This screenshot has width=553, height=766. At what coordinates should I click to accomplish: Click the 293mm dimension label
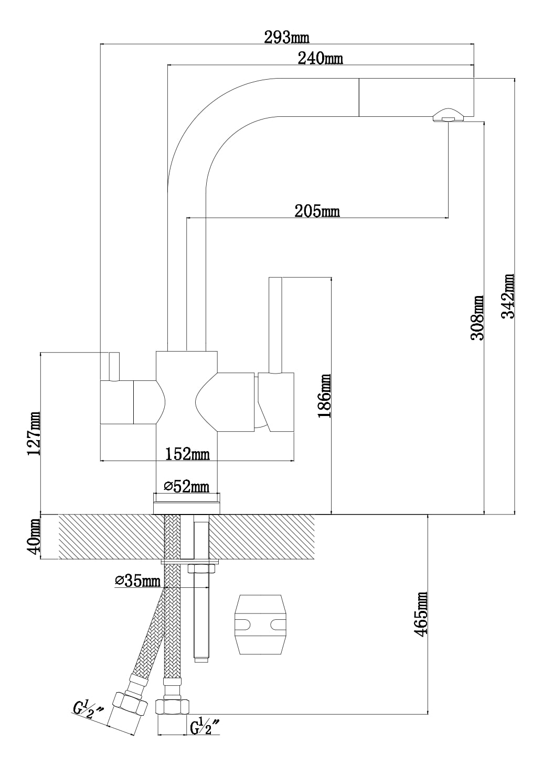click(286, 37)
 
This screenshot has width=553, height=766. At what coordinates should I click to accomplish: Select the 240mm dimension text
click(320, 58)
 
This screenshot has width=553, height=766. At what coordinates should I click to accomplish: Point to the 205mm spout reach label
click(317, 211)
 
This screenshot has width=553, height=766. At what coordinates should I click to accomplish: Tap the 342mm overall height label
click(508, 296)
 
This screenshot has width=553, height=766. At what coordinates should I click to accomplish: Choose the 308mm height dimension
click(477, 318)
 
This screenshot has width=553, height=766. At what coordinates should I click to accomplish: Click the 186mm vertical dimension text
click(325, 396)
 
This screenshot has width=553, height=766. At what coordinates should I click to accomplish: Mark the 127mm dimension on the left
click(34, 434)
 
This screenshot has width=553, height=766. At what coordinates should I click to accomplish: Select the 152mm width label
click(187, 454)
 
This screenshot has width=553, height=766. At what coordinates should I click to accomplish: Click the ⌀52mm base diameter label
click(186, 486)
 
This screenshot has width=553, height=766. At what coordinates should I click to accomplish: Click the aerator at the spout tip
click(448, 115)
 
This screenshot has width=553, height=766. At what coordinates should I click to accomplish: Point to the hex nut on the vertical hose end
click(172, 705)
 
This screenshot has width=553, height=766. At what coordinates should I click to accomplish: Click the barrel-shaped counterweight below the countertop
click(260, 625)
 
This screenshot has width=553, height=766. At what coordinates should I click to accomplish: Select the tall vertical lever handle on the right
click(275, 325)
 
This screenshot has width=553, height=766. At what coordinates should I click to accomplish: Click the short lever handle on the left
click(114, 366)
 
